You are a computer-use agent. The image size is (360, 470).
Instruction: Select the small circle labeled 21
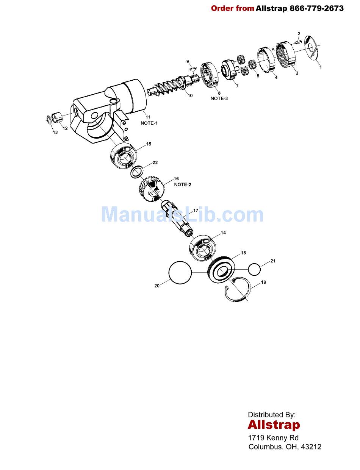tap(255, 269)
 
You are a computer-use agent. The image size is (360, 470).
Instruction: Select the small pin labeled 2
tap(297, 42)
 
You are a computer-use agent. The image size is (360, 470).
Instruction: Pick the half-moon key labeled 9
tap(193, 69)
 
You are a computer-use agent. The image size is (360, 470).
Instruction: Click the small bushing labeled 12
tap(56, 116)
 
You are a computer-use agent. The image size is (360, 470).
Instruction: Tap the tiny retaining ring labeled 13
tap(49, 120)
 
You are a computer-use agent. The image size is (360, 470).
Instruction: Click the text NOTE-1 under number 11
tap(149, 123)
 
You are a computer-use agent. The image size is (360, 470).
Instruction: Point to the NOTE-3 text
tap(219, 98)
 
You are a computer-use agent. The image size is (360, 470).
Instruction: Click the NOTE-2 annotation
tap(183, 184)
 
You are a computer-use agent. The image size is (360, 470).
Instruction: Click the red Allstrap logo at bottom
tap(274, 425)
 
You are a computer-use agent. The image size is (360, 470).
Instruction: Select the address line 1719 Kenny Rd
tap(273, 438)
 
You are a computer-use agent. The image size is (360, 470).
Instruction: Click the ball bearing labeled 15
tap(124, 156)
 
